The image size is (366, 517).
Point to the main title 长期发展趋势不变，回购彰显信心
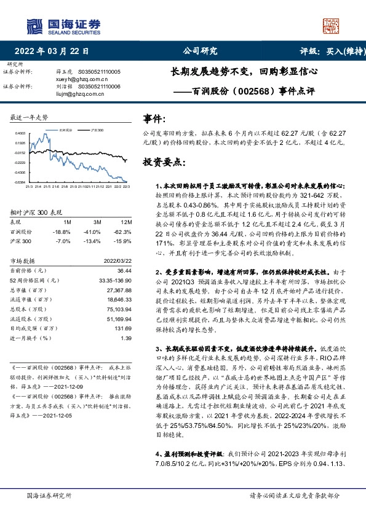pos(244,71)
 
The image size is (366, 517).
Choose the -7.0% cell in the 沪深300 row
pos(64,241)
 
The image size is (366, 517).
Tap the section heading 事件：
pos(154,118)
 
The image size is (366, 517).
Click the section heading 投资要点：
pos(163,162)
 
